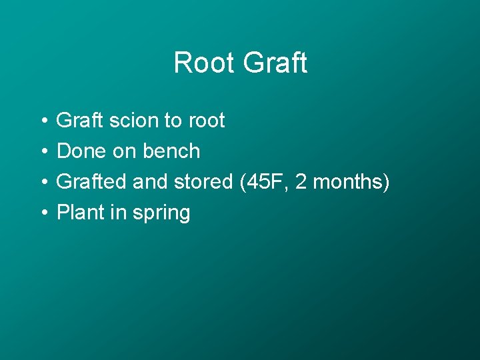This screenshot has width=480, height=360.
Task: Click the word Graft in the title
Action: pyautogui.click(x=275, y=63)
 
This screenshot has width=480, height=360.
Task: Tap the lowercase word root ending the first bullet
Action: pyautogui.click(x=207, y=121)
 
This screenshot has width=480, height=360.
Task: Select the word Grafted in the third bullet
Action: pyautogui.click(x=92, y=182)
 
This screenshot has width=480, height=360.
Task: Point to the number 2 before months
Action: pyautogui.click(x=301, y=182)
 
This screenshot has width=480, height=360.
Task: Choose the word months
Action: pyautogui.click(x=350, y=182)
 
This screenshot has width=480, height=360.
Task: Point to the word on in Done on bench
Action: pyautogui.click(x=124, y=152)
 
